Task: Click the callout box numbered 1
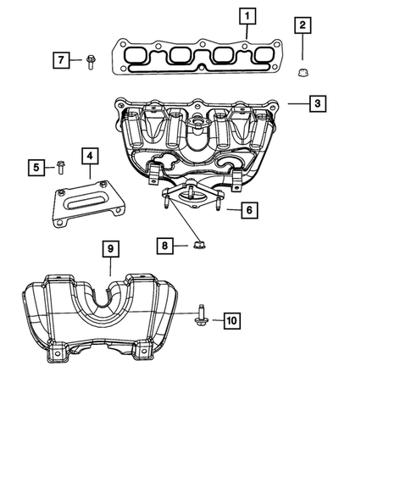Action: pyautogui.click(x=246, y=15)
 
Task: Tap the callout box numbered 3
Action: pyautogui.click(x=314, y=104)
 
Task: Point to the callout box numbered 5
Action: pyautogui.click(x=36, y=167)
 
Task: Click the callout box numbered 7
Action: pyautogui.click(x=60, y=59)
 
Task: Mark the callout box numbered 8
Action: pyautogui.click(x=166, y=246)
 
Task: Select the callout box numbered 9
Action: pyautogui.click(x=111, y=249)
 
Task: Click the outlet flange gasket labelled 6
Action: pyautogui.click(x=192, y=197)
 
